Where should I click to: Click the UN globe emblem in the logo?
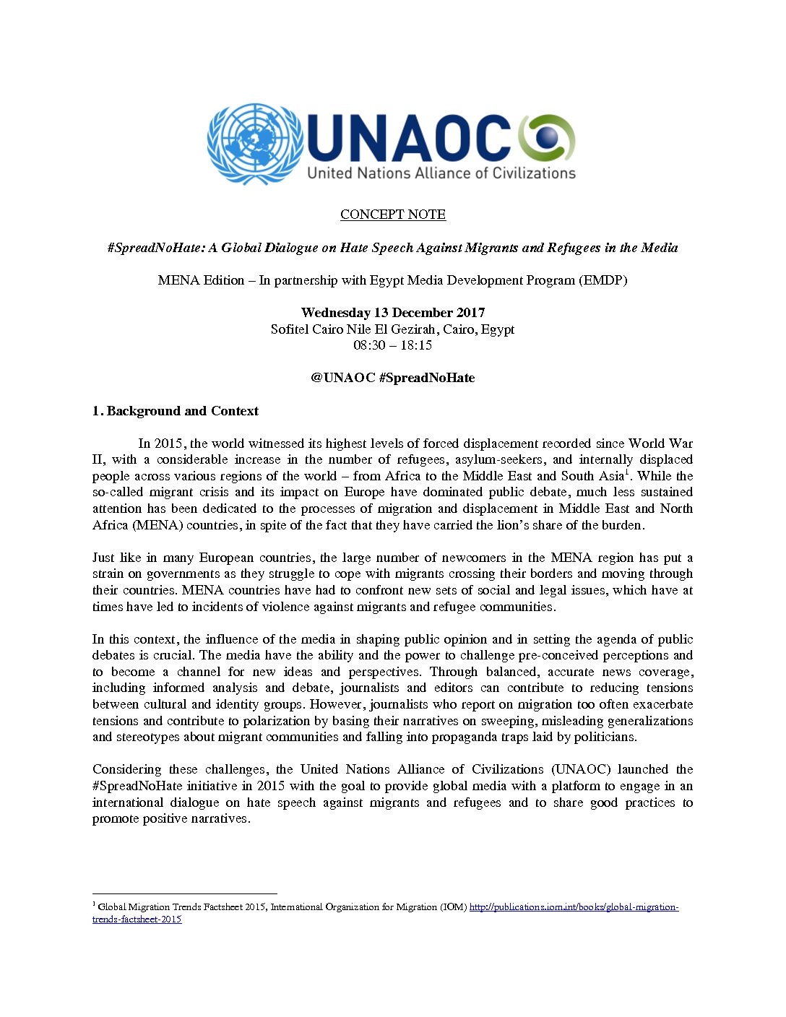[254, 144]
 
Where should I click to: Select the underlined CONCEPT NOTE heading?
[393, 215]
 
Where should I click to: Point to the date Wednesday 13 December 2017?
[393, 313]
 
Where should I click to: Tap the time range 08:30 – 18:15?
[393, 345]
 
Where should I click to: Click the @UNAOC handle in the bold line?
[343, 378]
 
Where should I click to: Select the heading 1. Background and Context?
[176, 411]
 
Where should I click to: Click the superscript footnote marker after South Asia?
[626, 472]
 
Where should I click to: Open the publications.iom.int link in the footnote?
[574, 907]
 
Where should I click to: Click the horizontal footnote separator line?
[184, 893]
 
